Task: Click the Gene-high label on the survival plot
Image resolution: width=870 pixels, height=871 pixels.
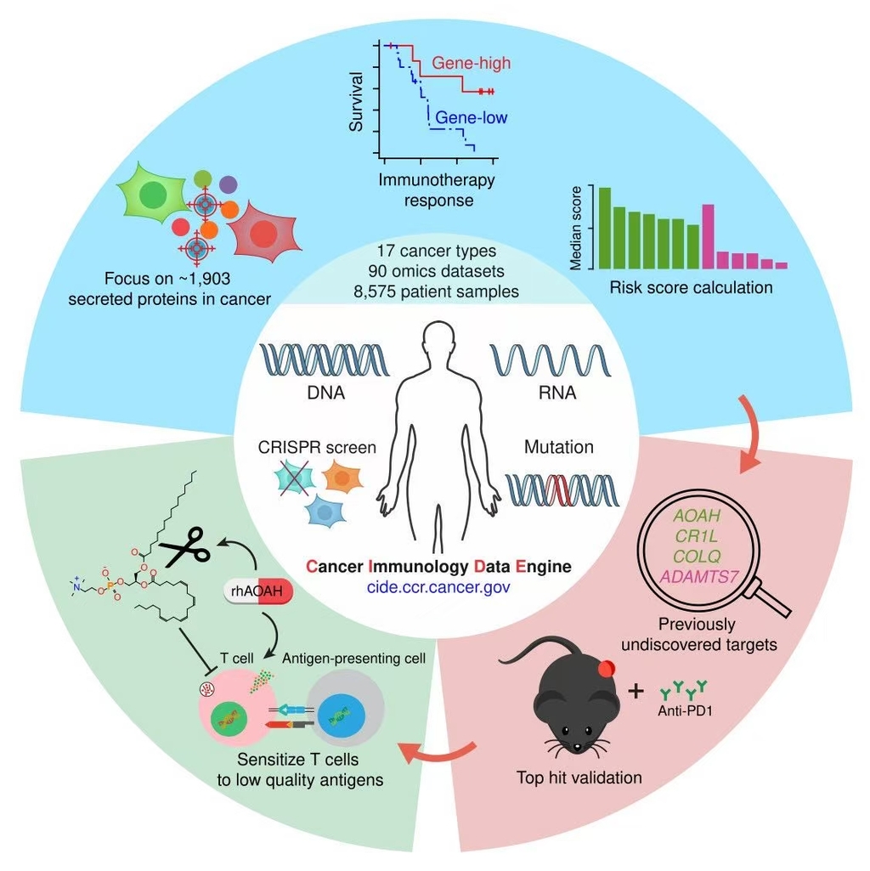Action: click(471, 63)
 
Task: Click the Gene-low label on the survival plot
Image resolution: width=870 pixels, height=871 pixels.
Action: click(472, 117)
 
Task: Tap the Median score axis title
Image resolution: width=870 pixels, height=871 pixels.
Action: click(576, 227)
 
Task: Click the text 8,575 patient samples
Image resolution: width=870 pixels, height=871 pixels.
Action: click(435, 290)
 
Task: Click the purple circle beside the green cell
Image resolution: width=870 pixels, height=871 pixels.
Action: click(228, 183)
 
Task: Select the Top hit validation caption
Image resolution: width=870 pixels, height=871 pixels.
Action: click(579, 777)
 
